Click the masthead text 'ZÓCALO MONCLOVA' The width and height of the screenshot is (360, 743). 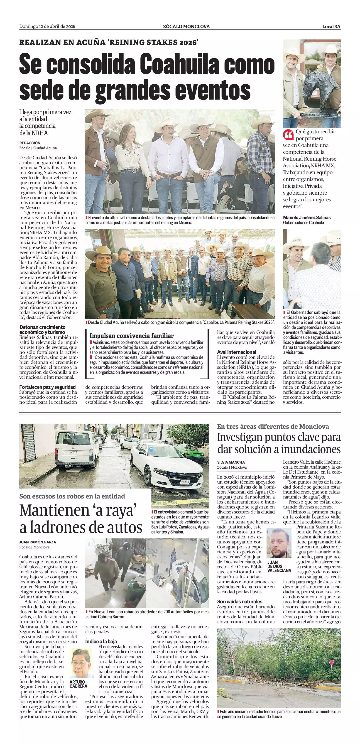[x=186, y=27]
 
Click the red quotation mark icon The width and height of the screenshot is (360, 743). [x=288, y=134]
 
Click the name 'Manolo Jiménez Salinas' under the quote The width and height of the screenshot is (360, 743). [x=307, y=218]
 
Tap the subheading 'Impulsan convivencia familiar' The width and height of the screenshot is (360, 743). [x=131, y=336]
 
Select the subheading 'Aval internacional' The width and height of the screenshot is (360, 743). [x=237, y=352]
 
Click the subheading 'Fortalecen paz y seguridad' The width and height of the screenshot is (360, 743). [x=47, y=387]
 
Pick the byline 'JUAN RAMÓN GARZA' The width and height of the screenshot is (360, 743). [x=37, y=542]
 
